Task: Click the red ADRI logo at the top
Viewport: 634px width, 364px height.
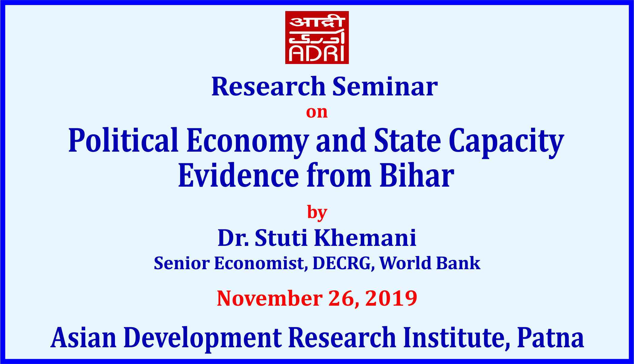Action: pos(317,37)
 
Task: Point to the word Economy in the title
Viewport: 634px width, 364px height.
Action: pos(248,142)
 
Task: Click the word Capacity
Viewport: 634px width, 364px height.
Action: pos(506,142)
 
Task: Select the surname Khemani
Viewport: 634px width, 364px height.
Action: pos(365,238)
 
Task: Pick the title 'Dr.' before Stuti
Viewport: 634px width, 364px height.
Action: pos(233,238)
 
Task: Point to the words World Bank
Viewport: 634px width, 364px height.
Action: pos(430,263)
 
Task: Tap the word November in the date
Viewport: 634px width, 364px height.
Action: pos(270,298)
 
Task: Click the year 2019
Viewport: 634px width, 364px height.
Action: pos(391,298)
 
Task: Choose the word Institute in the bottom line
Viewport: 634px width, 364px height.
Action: pos(457,338)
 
